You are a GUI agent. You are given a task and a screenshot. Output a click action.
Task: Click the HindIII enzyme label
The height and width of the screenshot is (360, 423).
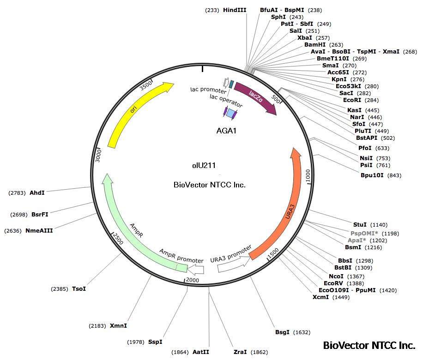[x=236, y=10]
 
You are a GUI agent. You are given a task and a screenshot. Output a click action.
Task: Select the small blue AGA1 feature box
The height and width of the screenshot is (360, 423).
[x=230, y=113]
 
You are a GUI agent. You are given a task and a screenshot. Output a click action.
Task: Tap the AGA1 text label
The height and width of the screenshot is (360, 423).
[x=226, y=131]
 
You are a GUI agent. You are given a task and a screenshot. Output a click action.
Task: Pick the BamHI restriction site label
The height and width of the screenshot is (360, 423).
[x=315, y=45]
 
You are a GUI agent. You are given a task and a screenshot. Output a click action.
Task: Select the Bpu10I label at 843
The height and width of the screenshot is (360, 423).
[x=373, y=175]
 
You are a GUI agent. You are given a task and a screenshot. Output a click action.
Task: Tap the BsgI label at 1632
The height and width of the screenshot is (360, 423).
[x=282, y=332]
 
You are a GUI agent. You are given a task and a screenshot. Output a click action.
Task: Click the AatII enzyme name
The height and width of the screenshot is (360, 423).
[x=201, y=352]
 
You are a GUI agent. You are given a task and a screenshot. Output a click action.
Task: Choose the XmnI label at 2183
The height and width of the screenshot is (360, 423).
[x=118, y=326]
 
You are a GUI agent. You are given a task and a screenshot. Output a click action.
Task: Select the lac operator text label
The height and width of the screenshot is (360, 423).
[x=226, y=99]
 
